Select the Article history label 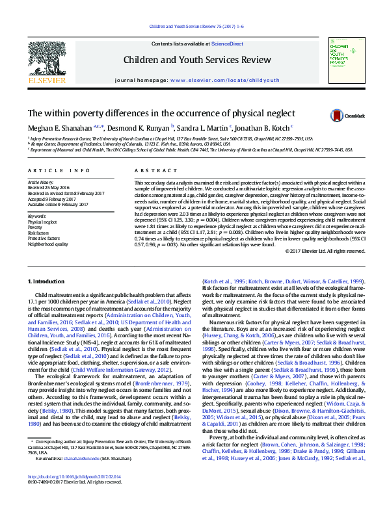[x=40, y=183]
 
